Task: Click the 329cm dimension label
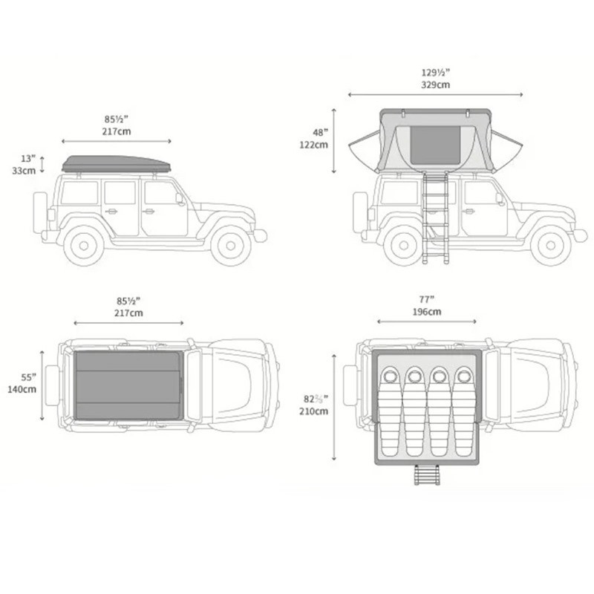pyautogui.click(x=436, y=85)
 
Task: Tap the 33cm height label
pyautogui.click(x=24, y=171)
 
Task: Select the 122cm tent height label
pyautogui.click(x=313, y=145)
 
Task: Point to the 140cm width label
pyautogui.click(x=22, y=389)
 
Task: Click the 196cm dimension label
pyautogui.click(x=427, y=312)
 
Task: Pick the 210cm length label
pyautogui.click(x=313, y=411)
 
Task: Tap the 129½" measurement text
pyautogui.click(x=436, y=72)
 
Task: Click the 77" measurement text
pyautogui.click(x=426, y=299)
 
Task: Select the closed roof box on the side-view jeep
pyautogui.click(x=117, y=164)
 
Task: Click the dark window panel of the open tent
pyautogui.click(x=435, y=146)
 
